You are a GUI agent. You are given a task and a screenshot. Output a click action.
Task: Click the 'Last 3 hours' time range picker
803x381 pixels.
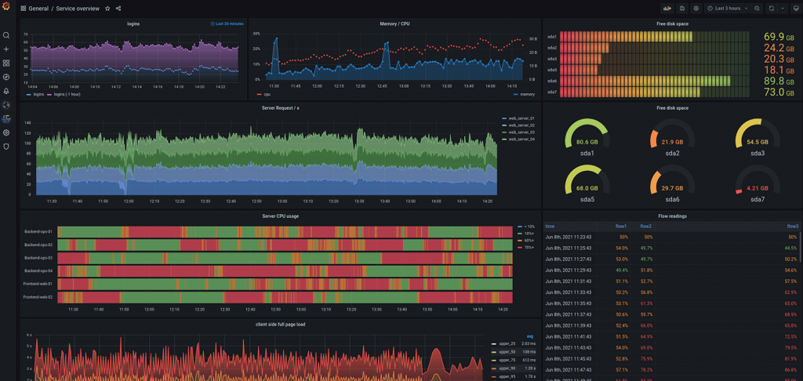click(x=728, y=9)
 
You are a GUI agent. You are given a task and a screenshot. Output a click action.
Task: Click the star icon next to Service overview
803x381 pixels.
click(x=107, y=9)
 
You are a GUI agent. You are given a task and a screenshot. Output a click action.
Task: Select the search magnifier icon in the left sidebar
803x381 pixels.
click(x=6, y=35)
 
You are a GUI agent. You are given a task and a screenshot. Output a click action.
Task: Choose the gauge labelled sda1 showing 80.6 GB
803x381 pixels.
click(x=587, y=138)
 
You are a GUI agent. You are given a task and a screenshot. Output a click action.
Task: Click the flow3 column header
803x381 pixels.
click(x=792, y=227)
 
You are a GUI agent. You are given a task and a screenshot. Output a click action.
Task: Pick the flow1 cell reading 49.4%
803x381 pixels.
click(x=621, y=270)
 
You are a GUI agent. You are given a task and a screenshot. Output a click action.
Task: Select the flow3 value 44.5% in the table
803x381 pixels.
click(x=790, y=248)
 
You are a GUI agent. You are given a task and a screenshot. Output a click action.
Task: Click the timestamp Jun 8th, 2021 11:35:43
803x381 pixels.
click(x=569, y=303)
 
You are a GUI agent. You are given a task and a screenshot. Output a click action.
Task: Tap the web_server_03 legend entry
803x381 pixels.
click(x=521, y=132)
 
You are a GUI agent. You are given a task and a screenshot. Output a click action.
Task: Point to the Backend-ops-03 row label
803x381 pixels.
click(x=38, y=257)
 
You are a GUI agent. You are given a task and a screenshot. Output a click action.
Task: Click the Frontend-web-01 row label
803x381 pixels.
click(x=38, y=284)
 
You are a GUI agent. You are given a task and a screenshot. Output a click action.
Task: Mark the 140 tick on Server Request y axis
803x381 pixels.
click(x=27, y=123)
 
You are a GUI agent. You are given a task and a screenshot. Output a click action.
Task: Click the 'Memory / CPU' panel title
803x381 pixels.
click(x=394, y=24)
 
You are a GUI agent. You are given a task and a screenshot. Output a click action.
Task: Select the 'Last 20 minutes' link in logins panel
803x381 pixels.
click(x=228, y=24)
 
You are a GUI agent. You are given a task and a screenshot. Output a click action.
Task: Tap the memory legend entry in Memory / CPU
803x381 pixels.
click(x=526, y=94)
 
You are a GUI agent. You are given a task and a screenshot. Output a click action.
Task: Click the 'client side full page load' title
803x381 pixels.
click(x=280, y=324)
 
